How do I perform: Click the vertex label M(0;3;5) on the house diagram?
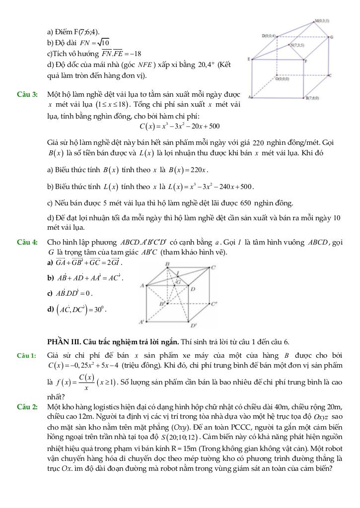click(322, 21)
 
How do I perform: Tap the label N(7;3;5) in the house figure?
click(298, 45)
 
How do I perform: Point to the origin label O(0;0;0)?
click(284, 78)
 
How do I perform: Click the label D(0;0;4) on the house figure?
click(269, 36)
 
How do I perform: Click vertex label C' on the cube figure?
click(214, 304)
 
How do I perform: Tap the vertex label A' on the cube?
click(142, 321)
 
